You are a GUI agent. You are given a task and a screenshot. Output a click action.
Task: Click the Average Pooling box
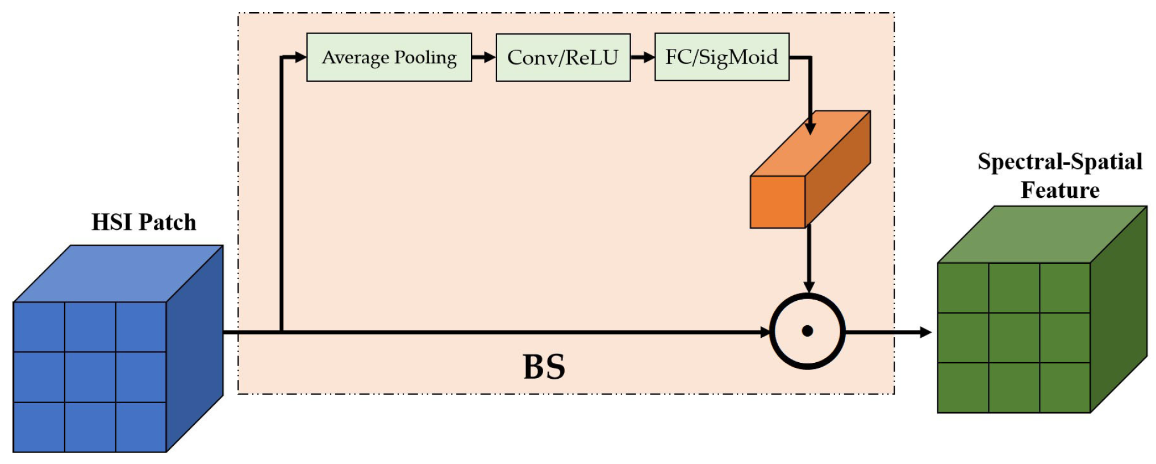pyautogui.click(x=389, y=57)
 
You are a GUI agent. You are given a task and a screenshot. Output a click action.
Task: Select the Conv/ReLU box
pyautogui.click(x=563, y=57)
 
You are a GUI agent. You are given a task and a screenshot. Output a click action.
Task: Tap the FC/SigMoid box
pyautogui.click(x=721, y=57)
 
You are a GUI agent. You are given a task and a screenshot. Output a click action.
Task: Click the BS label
pyautogui.click(x=544, y=367)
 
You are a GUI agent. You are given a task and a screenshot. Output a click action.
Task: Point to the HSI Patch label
pyautogui.click(x=144, y=222)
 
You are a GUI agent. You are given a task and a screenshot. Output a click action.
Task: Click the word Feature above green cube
pyautogui.click(x=1059, y=190)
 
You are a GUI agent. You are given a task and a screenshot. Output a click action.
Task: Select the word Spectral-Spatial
pyautogui.click(x=1059, y=162)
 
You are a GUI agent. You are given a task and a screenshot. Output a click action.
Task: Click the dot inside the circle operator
pyautogui.click(x=807, y=332)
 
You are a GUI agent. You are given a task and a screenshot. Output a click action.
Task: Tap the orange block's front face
pyautogui.click(x=777, y=202)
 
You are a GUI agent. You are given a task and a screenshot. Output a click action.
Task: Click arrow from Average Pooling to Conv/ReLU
pyautogui.click(x=483, y=57)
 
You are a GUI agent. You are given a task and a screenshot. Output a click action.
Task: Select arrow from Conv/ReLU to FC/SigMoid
pyautogui.click(x=642, y=57)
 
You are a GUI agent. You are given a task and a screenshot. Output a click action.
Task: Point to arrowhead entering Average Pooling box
pyautogui.click(x=300, y=57)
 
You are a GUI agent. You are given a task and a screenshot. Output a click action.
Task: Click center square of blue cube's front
pyautogui.click(x=90, y=377)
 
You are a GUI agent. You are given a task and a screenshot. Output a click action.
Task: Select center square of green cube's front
pyautogui.click(x=1014, y=338)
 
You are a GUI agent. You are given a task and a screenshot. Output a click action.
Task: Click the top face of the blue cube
pyautogui.click(x=118, y=274)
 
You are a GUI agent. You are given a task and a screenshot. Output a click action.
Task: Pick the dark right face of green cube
pyautogui.click(x=1118, y=310)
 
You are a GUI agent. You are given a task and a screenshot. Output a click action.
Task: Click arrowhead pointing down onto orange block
pyautogui.click(x=811, y=127)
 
